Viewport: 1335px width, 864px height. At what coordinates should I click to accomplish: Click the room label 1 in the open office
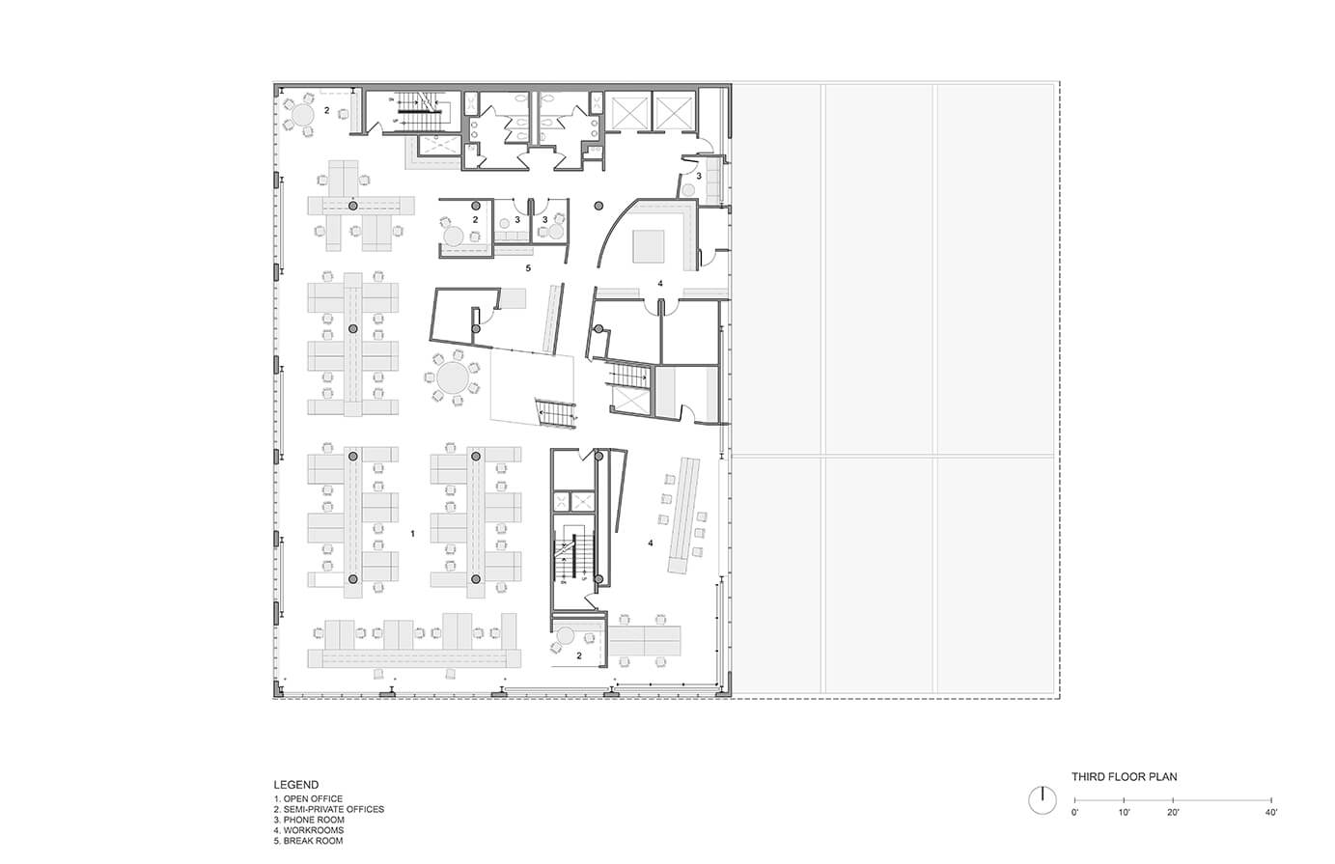coord(412,533)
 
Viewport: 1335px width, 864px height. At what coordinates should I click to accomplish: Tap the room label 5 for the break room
coord(527,267)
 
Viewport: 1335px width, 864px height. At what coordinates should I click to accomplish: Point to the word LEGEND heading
coord(296,785)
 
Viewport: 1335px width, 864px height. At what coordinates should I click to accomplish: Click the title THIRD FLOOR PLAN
coord(1124,776)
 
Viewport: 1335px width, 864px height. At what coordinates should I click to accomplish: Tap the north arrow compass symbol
coord(1042,799)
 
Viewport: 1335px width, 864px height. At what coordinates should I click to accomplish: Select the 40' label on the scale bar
coord(1270,813)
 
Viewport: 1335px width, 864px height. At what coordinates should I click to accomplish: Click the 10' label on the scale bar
coord(1124,813)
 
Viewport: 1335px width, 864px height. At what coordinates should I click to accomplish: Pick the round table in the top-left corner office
coord(305,115)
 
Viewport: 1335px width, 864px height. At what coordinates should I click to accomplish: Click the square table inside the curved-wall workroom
coord(649,246)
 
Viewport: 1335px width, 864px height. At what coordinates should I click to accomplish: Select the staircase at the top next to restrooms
coord(421,112)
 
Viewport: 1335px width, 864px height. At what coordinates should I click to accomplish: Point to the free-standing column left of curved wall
coord(598,205)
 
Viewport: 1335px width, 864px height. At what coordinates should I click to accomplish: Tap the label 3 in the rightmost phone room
coord(699,177)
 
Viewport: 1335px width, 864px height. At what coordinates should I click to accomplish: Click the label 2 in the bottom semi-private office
coord(579,655)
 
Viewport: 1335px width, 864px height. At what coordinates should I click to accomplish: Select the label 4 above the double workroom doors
coord(660,283)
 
